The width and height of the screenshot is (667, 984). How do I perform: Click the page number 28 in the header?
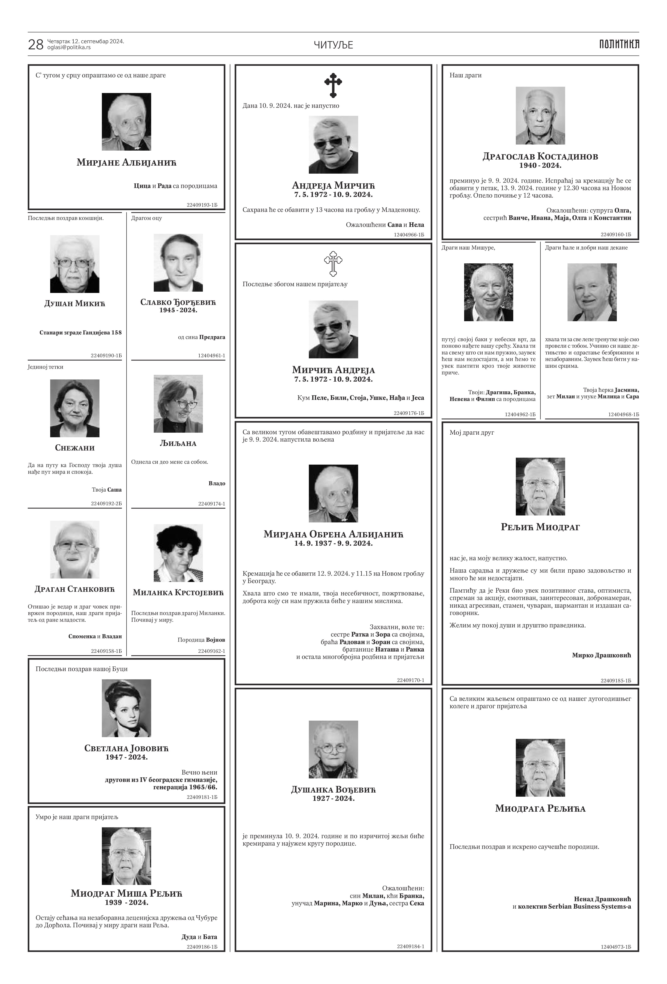pyautogui.click(x=36, y=45)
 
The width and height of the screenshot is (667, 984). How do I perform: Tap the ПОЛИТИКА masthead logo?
pyautogui.click(x=619, y=44)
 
